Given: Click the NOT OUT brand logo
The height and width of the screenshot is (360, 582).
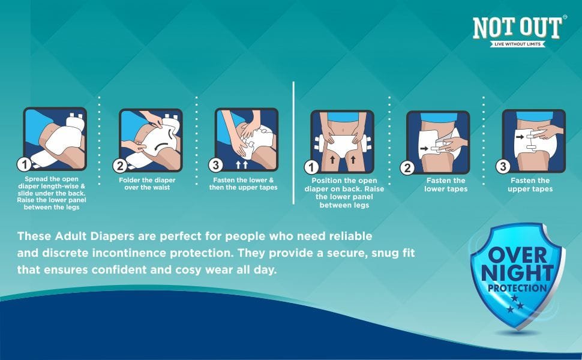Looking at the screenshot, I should [x=517, y=29].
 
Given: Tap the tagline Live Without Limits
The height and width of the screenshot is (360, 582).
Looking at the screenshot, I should [x=517, y=44].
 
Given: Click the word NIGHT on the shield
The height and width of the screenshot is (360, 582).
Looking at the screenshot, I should [x=517, y=274].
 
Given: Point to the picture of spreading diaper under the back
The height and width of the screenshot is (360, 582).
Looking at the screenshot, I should [x=55, y=139].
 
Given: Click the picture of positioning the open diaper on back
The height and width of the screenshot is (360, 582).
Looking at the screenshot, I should [x=342, y=142].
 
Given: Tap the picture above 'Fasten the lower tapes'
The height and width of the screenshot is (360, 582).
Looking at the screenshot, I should [x=438, y=142].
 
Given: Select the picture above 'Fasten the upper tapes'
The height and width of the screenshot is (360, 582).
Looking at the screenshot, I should [x=533, y=142].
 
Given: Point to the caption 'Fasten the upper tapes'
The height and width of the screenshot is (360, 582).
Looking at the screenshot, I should [x=530, y=185].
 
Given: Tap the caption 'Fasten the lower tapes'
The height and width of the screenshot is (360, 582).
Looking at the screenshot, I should [x=446, y=185].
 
